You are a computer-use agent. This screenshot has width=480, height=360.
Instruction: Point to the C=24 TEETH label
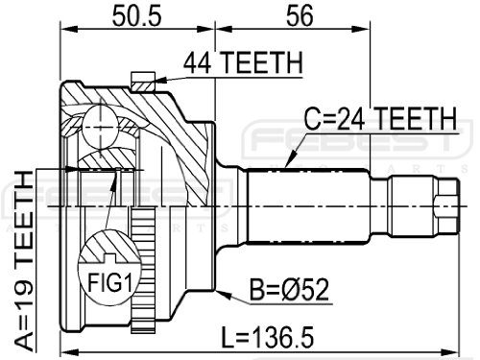[x=380, y=118]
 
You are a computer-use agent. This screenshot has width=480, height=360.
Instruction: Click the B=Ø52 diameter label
[x=289, y=290]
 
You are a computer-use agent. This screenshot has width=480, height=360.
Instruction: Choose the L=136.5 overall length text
[x=268, y=338]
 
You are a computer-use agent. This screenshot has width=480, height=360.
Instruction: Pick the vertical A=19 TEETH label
[x=24, y=261]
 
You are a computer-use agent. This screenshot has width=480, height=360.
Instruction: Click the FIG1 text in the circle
[x=109, y=282]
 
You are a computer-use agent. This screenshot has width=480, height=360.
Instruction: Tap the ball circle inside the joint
[x=100, y=127]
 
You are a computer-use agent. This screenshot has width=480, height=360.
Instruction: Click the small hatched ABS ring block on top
[x=143, y=82]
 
